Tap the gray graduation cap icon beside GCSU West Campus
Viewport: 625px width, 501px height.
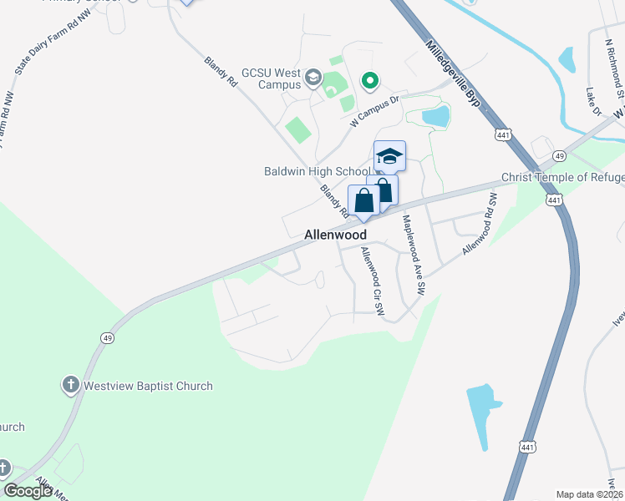pos(313,78)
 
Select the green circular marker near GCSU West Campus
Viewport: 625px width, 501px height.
pos(369,81)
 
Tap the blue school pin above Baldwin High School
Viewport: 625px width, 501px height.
pos(389,156)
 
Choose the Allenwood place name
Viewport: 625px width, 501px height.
pos(335,236)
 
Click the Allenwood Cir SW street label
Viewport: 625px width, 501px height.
pos(373,282)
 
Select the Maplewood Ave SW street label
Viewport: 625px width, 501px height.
pos(414,256)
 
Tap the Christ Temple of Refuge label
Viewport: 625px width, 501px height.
pos(562,178)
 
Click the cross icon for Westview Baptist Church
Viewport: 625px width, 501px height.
pos(71,385)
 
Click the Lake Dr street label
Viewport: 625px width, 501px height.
pos(593,101)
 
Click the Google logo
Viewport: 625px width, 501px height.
pos(28,491)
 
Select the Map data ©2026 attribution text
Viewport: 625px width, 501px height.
pos(589,494)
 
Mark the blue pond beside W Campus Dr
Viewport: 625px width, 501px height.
pos(435,116)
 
